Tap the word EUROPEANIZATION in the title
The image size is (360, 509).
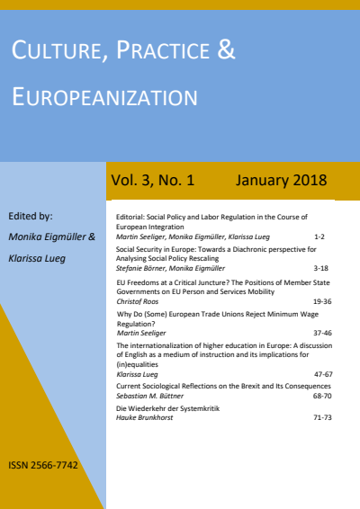(103, 97)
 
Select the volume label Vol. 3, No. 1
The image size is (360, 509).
(153, 181)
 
